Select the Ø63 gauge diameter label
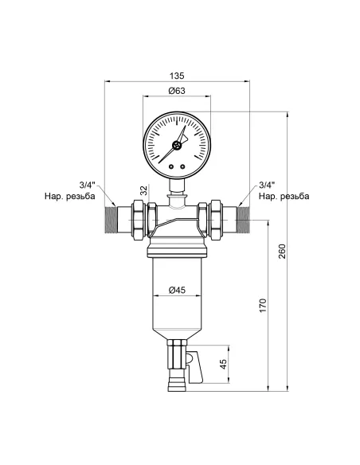click(178, 92)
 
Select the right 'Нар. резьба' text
click(284, 197)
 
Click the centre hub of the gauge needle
click(178, 144)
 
